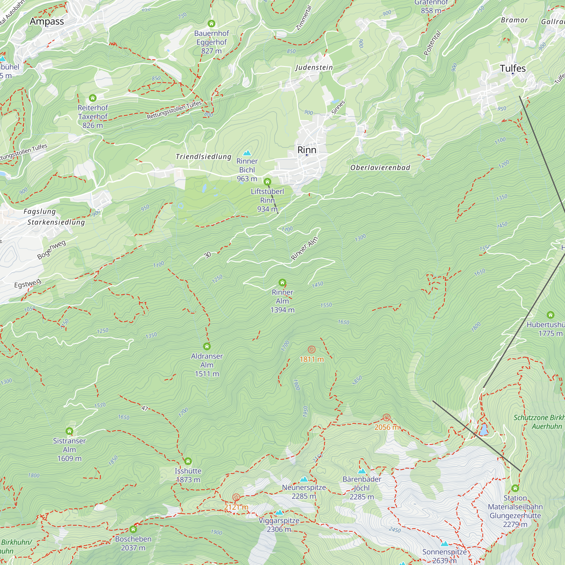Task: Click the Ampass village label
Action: (47, 21)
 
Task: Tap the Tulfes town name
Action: (513, 68)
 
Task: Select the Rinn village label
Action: (307, 150)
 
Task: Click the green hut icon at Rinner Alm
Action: (282, 282)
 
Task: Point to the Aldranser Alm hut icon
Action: (207, 347)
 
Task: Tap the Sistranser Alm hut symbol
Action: (69, 431)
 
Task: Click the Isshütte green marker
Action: (188, 461)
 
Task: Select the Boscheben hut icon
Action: (133, 529)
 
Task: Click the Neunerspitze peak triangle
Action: (304, 479)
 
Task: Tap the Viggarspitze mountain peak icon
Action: (279, 512)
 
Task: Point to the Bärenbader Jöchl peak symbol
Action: (362, 471)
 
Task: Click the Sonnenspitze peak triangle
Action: (444, 543)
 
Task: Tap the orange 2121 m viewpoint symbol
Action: (236, 497)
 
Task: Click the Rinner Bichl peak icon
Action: (247, 153)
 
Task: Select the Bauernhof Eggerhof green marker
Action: (211, 23)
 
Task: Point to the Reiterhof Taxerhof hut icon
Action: (93, 98)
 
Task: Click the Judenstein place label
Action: (314, 68)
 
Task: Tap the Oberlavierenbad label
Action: (380, 168)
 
